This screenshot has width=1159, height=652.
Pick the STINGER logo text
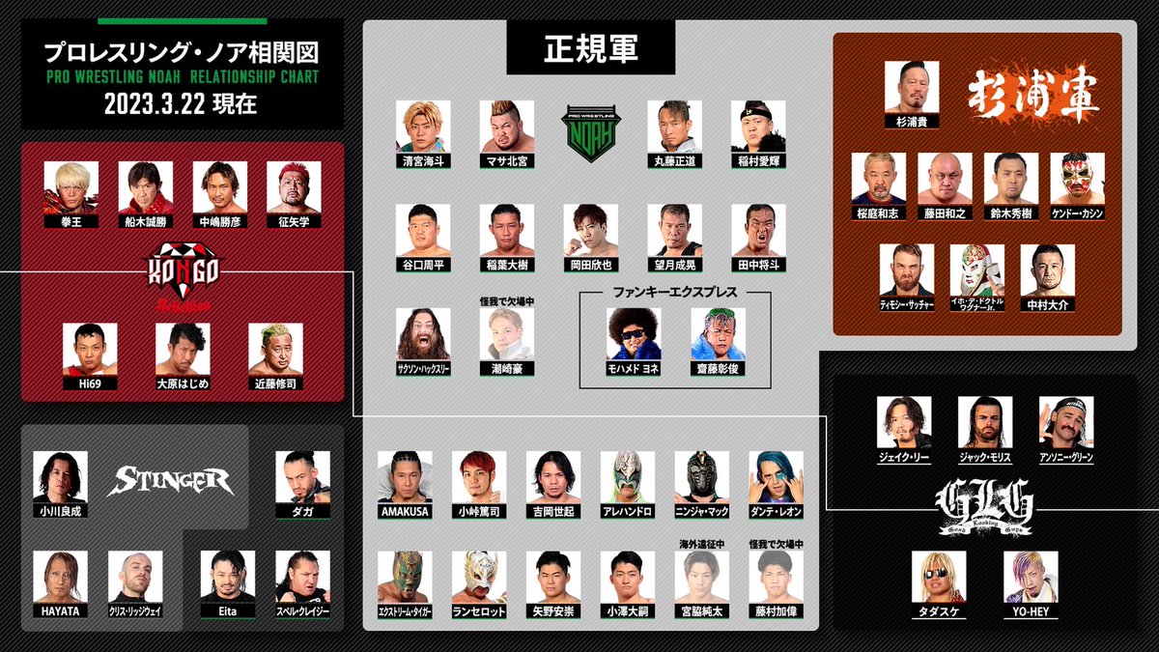tap(171, 480)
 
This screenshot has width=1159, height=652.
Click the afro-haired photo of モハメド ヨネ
tap(634, 334)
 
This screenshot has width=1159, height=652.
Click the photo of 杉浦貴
tap(912, 87)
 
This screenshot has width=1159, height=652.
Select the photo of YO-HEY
tap(1032, 577)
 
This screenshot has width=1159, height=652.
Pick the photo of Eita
tap(228, 577)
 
